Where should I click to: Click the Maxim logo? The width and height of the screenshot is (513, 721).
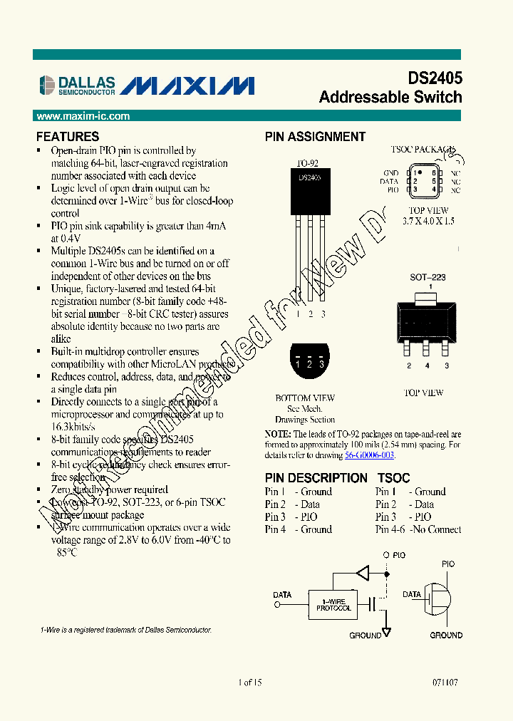click(187, 85)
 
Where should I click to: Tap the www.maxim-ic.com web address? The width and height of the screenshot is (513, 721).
click(83, 116)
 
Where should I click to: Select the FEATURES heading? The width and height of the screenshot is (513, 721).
click(68, 136)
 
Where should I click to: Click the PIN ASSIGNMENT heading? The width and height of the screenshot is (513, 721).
click(315, 137)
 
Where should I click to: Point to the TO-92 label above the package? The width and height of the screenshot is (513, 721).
click(306, 163)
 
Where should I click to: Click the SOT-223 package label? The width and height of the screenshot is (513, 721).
click(427, 277)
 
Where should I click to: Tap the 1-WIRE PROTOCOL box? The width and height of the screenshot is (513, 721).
click(333, 605)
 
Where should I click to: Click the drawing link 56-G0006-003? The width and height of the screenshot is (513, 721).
click(370, 455)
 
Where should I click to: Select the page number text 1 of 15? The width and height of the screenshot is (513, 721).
click(250, 682)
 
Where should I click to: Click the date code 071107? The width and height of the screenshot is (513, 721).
click(445, 682)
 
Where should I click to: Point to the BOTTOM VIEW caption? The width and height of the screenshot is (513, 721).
click(305, 398)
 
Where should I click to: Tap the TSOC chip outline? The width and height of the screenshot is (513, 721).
click(424, 181)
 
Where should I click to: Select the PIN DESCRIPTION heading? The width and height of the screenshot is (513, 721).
click(316, 478)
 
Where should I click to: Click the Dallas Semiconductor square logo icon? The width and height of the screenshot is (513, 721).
click(46, 85)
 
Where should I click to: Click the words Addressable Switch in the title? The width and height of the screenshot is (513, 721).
click(390, 97)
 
